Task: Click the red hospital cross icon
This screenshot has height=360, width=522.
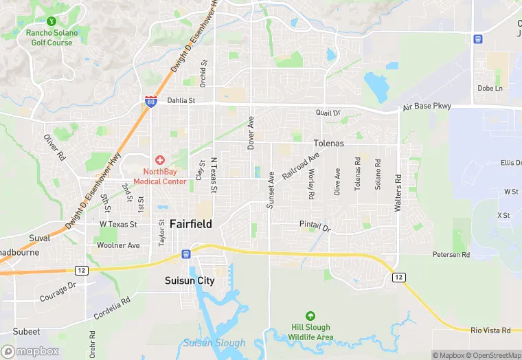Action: (x=159, y=160)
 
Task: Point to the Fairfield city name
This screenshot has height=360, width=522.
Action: (x=190, y=224)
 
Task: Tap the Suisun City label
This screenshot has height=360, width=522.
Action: (x=190, y=280)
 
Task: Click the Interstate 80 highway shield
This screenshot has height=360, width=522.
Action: (x=151, y=102)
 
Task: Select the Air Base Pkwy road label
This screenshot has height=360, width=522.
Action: (x=425, y=107)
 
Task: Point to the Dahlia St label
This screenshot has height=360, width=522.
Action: (x=181, y=100)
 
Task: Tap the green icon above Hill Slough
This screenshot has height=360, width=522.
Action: (x=310, y=316)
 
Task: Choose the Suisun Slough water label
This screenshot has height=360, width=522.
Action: (x=214, y=343)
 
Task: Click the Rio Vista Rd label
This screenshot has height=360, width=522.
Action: (x=491, y=331)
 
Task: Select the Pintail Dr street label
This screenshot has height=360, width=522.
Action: (x=315, y=225)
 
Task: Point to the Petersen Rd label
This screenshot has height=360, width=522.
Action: (x=451, y=254)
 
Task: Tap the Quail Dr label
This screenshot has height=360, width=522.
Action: (x=328, y=113)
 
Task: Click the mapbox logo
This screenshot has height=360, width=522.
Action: (x=30, y=351)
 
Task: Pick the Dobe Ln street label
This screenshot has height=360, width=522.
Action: (x=490, y=89)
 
